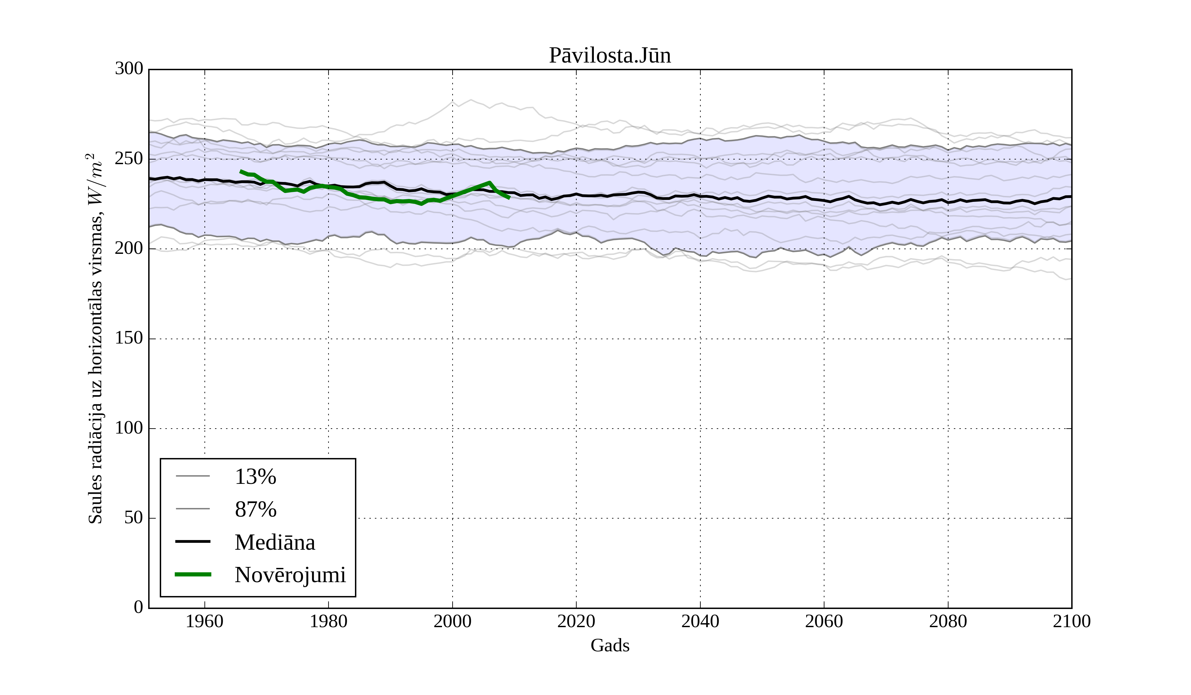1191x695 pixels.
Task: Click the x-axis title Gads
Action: [610, 645]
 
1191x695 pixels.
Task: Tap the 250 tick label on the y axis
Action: [129, 159]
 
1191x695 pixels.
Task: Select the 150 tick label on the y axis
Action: [129, 339]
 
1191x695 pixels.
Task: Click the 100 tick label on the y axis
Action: [129, 428]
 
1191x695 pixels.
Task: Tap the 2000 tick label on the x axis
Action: [452, 621]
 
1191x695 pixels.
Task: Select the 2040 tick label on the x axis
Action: [700, 621]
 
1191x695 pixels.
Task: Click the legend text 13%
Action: [255, 477]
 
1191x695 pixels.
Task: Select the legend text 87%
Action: [255, 510]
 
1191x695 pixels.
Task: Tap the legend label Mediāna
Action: [275, 542]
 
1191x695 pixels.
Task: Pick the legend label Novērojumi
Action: [290, 575]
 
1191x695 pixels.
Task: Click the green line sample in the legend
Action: [193, 575]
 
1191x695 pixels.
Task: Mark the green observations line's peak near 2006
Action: [489, 182]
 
